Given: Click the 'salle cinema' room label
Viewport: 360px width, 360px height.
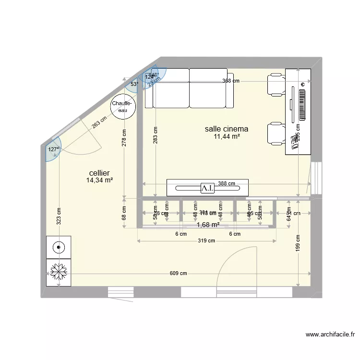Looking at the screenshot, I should pyautogui.click(x=226, y=129).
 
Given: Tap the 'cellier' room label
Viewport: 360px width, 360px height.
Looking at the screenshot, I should pyautogui.click(x=99, y=173).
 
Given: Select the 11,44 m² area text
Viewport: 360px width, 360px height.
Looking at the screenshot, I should pyautogui.click(x=227, y=137).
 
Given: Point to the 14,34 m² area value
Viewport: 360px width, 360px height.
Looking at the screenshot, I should pyautogui.click(x=99, y=180).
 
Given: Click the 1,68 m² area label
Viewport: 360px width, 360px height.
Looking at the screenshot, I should pyautogui.click(x=208, y=224).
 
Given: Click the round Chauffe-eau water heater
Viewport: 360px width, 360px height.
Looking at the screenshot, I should pyautogui.click(x=123, y=107).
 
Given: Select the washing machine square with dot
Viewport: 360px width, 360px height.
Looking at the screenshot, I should pyautogui.click(x=59, y=248).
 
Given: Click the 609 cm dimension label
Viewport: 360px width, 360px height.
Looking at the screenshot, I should pyautogui.click(x=178, y=274).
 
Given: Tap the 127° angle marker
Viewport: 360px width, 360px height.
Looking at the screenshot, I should pyautogui.click(x=53, y=149).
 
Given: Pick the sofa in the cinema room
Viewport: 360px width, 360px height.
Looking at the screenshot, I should pyautogui.click(x=190, y=88).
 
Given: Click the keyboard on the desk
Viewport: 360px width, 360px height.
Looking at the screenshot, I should pyautogui.click(x=302, y=103).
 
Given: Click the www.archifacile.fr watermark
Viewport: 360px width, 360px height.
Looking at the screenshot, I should pyautogui.click(x=330, y=335).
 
